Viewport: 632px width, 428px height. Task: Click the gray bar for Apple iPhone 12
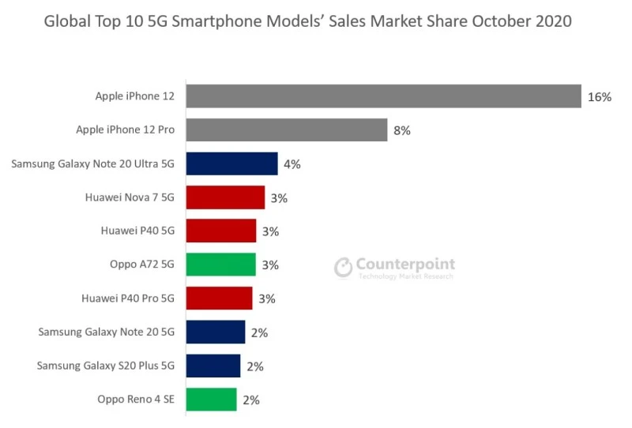[383, 96]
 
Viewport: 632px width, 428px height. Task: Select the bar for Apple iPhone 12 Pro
[287, 130]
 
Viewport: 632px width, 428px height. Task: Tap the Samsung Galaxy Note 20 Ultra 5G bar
[231, 164]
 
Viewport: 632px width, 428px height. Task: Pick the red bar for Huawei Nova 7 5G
[225, 197]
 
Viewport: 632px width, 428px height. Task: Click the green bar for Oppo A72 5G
[221, 265]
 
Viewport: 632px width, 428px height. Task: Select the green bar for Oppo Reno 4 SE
[211, 400]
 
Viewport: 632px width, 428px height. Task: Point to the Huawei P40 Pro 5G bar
[220, 298]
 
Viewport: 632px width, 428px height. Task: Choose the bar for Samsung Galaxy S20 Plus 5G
[213, 366]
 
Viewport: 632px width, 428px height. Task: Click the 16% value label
[600, 97]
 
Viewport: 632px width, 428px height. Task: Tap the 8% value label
[402, 131]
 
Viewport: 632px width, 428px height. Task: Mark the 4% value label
[292, 164]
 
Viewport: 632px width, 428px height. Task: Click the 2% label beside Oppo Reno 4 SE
[251, 400]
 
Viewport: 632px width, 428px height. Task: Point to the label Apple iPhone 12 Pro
[125, 130]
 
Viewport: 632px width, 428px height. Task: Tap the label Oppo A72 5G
[142, 265]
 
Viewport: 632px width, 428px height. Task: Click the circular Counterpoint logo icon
[344, 267]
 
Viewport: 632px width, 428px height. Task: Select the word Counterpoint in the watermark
[405, 264]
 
